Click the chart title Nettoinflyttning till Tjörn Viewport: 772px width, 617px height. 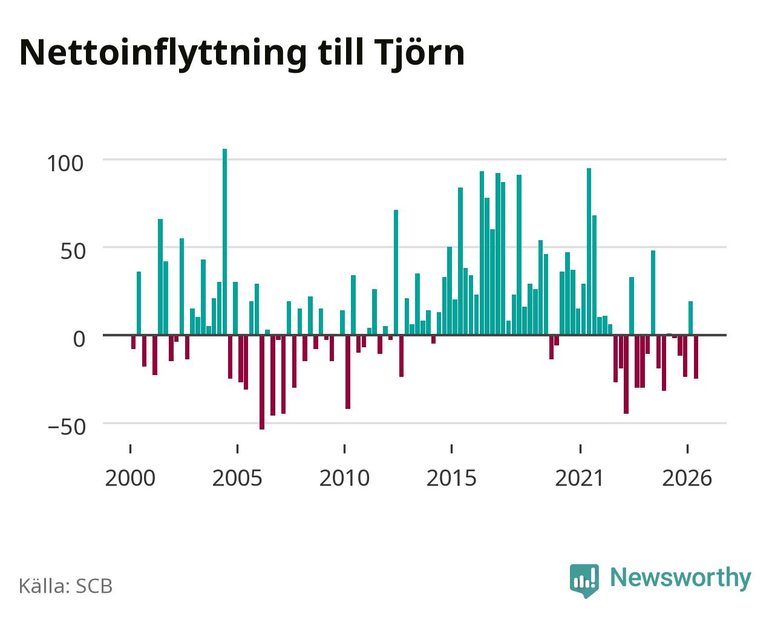[242, 54]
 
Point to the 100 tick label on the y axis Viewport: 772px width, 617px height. [65, 163]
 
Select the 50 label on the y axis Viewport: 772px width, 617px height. [73, 252]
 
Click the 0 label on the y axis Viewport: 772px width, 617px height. [79, 339]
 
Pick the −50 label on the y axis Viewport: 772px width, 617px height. [67, 427]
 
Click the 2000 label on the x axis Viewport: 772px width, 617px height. [130, 478]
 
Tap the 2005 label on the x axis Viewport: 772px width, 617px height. [237, 478]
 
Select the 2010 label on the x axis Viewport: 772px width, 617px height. [344, 478]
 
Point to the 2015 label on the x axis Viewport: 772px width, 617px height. [451, 478]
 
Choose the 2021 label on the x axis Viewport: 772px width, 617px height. [580, 478]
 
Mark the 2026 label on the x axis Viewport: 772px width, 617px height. [687, 478]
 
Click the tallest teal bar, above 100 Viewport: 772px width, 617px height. [224, 242]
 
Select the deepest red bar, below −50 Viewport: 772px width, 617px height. [262, 382]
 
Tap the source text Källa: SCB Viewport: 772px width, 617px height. [66, 586]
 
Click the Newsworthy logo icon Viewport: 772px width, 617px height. [584, 580]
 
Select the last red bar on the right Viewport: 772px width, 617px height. [696, 357]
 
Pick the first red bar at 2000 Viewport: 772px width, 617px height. [134, 342]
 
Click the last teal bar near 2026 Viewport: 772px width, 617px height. [690, 318]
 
